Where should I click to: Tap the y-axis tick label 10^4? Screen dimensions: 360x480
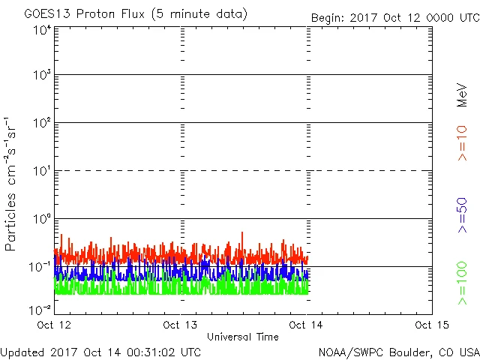pos(42,31)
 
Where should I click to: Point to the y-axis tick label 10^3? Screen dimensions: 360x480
pos(42,76)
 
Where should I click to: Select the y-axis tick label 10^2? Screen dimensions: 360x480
pos(42,124)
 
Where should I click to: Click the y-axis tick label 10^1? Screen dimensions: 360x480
pos(42,172)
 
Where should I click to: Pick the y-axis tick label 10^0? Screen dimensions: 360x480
pos(42,220)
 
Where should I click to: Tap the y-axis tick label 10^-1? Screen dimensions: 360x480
pos(40,267)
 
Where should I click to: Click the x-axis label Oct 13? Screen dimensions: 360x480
pos(181,324)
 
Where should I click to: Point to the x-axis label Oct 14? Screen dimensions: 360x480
pos(307,324)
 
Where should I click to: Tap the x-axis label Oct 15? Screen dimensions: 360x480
pos(431,324)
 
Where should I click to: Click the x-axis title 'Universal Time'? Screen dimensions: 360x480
pos(242,337)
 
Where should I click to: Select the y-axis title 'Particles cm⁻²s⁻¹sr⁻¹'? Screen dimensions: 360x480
pos(10,183)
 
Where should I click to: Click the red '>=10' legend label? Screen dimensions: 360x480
pos(462,142)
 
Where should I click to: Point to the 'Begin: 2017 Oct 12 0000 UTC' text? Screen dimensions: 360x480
pos(393,17)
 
